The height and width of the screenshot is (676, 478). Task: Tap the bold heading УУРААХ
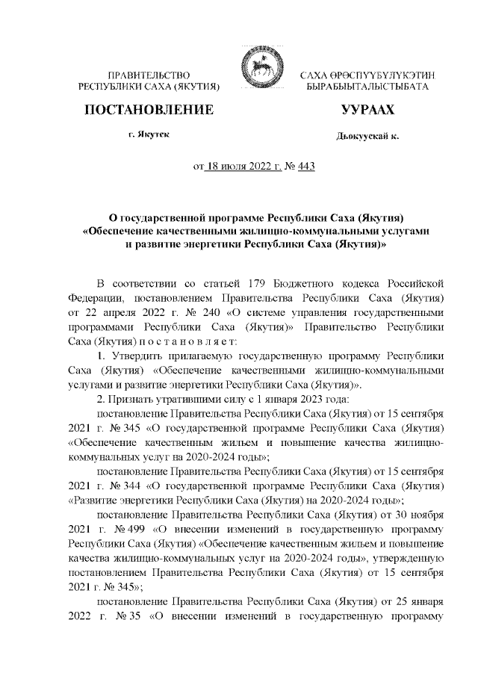(367, 111)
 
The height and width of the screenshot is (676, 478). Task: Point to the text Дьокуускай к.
(367, 137)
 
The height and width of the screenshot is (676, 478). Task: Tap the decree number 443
(305, 167)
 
